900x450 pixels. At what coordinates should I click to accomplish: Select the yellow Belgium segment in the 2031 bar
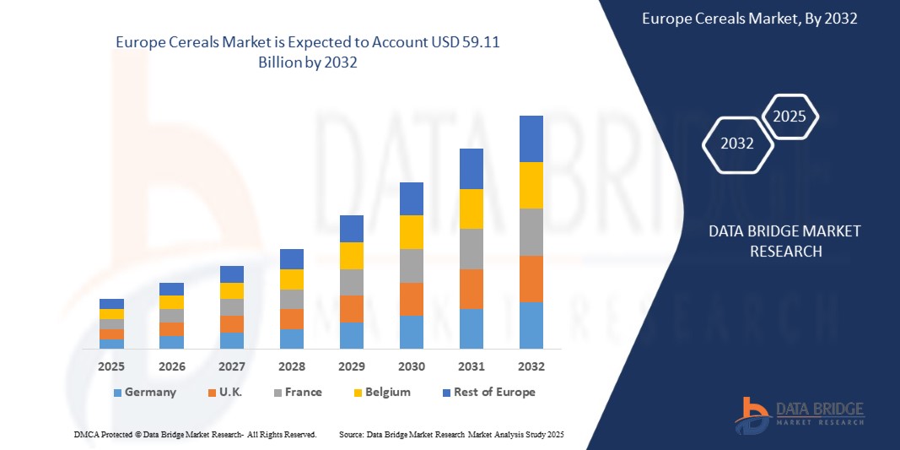pyautogui.click(x=471, y=209)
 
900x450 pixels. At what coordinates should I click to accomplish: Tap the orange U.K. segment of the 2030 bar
pyautogui.click(x=411, y=299)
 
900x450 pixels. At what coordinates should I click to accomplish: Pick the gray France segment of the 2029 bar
pyautogui.click(x=351, y=282)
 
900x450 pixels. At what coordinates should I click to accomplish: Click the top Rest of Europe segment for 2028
pyautogui.click(x=291, y=259)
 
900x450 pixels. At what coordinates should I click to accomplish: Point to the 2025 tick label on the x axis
pyautogui.click(x=111, y=366)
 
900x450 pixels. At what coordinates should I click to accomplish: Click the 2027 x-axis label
pyautogui.click(x=231, y=366)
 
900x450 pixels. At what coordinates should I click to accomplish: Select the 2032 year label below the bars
pyautogui.click(x=531, y=366)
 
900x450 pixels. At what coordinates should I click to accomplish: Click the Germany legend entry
pyautogui.click(x=150, y=392)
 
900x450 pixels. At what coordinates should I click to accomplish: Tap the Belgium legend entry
pyautogui.click(x=388, y=392)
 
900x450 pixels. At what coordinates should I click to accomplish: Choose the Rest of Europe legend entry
pyautogui.click(x=494, y=392)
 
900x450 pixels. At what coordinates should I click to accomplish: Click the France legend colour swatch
pyautogui.click(x=278, y=393)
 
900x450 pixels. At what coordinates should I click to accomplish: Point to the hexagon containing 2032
pyautogui.click(x=737, y=144)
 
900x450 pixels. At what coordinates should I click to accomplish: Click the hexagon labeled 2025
pyautogui.click(x=790, y=117)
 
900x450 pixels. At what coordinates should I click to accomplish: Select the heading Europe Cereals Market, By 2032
pyautogui.click(x=749, y=19)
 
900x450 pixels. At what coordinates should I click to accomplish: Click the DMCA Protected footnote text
pyautogui.click(x=194, y=434)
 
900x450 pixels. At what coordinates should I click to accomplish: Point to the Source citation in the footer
pyautogui.click(x=450, y=434)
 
